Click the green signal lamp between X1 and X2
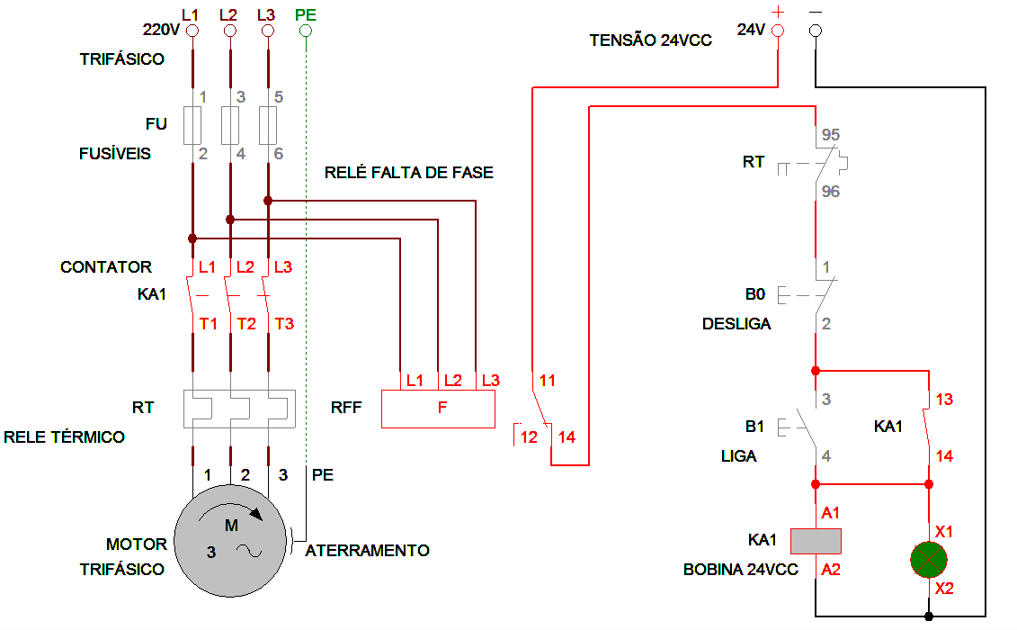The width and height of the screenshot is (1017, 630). coord(929,560)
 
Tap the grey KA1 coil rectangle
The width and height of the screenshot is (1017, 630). coord(816,541)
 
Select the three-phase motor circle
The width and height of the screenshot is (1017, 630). coord(231,543)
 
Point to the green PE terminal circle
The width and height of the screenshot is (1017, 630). coord(305,31)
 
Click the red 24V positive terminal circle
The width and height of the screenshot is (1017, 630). coord(778,30)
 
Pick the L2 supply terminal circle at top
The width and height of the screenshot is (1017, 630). coord(229,31)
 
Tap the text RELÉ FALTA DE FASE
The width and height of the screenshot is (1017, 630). coord(409,172)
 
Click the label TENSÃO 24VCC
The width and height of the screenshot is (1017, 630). coord(651,40)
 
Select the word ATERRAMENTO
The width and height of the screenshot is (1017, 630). coord(368,550)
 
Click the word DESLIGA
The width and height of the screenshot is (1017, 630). coord(736,324)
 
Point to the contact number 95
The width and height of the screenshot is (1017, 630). coord(830,135)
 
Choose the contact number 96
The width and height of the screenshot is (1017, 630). coord(830,192)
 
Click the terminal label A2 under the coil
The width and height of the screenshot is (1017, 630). coord(831,569)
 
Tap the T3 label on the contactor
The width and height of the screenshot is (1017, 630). coord(284,323)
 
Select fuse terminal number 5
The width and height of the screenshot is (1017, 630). coord(279,96)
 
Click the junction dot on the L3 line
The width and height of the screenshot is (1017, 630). coord(268,200)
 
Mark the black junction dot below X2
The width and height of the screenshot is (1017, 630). coord(929,616)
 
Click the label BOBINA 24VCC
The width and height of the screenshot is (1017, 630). coord(741,570)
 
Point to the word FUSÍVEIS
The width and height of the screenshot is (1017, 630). coord(114,154)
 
